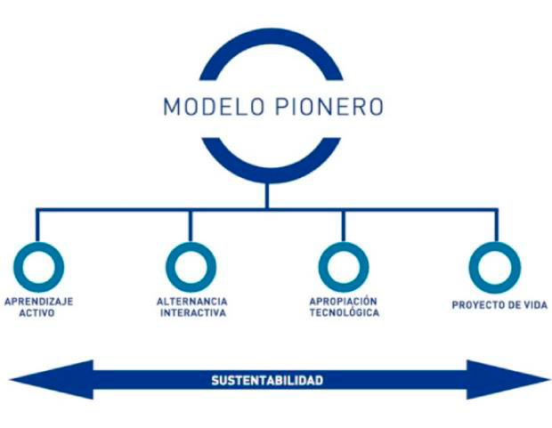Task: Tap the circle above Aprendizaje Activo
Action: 38,266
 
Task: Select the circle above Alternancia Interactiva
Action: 191,266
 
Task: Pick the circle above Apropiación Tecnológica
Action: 344,266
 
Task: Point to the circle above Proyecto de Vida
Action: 495,266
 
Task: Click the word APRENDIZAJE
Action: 38,302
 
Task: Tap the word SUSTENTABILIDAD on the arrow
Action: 266,380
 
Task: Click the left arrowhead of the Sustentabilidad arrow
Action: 45,379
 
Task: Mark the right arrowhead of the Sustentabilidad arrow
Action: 507,379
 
